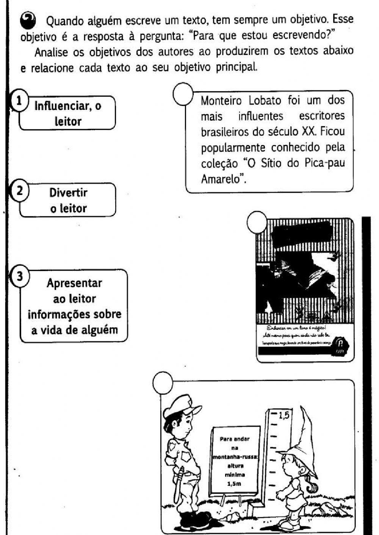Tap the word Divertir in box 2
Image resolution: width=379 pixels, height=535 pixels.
click(x=68, y=193)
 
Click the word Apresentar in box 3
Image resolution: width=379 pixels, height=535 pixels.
click(x=74, y=283)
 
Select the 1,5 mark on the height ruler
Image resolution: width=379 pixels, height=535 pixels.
click(x=284, y=415)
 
